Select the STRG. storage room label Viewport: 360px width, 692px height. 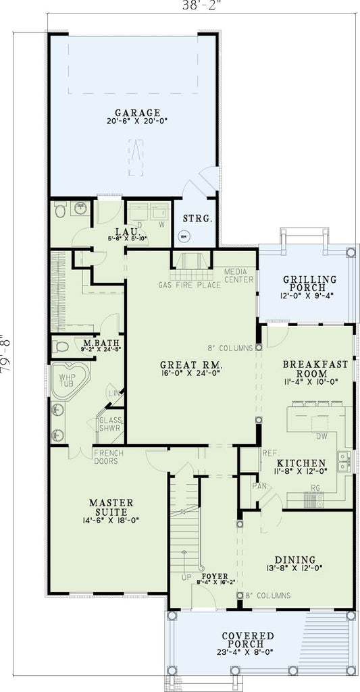click(x=198, y=219)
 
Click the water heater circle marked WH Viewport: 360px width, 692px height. click(x=182, y=236)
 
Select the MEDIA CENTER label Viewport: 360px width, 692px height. click(x=239, y=275)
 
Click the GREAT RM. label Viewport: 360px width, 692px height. click(x=190, y=366)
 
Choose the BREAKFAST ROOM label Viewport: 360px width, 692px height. click(x=315, y=369)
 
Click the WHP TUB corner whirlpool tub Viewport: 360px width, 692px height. click(x=71, y=379)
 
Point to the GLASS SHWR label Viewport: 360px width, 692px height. click(x=111, y=424)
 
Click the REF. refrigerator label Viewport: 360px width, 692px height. click(x=251, y=454)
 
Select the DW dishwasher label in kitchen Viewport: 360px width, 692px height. click(x=322, y=437)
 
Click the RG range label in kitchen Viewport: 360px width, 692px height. click(x=315, y=487)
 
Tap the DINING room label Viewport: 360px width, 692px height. click(x=295, y=560)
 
